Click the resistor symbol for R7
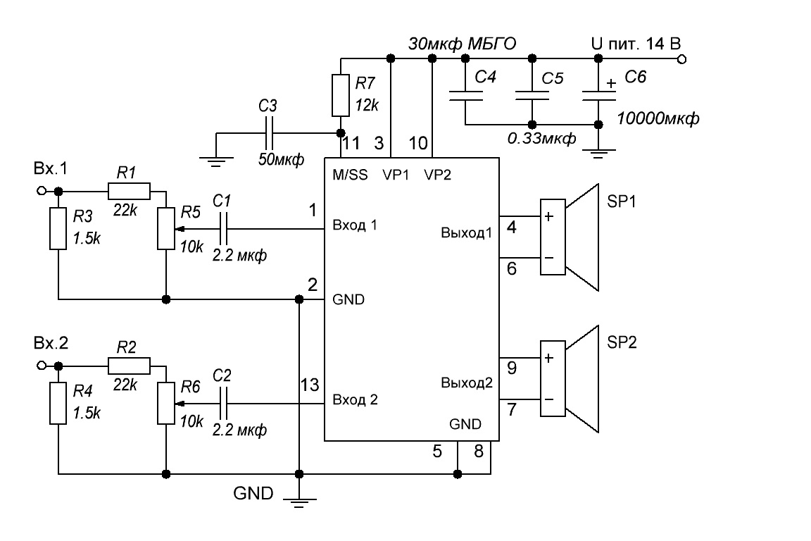click(x=340, y=95)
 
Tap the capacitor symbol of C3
click(x=269, y=133)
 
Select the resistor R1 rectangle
click(x=130, y=191)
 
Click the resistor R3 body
click(x=58, y=229)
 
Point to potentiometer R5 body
click(x=166, y=229)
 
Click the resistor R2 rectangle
click(x=130, y=366)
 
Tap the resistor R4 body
click(x=58, y=404)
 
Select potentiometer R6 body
click(x=166, y=404)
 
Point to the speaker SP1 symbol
click(x=570, y=237)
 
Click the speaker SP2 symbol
click(x=570, y=379)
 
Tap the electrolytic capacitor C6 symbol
click(x=598, y=95)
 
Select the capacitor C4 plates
click(x=465, y=95)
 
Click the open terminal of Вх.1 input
click(x=42, y=191)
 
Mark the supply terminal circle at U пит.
click(x=681, y=59)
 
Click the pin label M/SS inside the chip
click(x=350, y=175)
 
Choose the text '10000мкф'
click(x=658, y=118)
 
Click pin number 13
click(x=310, y=385)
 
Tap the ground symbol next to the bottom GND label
click(x=299, y=500)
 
